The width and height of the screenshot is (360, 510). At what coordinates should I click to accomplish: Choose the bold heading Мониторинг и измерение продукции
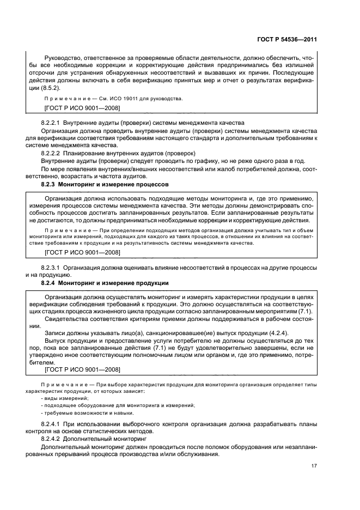click(x=122, y=283)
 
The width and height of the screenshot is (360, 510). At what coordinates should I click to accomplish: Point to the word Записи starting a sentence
click(x=57, y=333)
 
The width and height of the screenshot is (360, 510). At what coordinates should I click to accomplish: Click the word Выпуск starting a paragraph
click(x=56, y=341)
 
